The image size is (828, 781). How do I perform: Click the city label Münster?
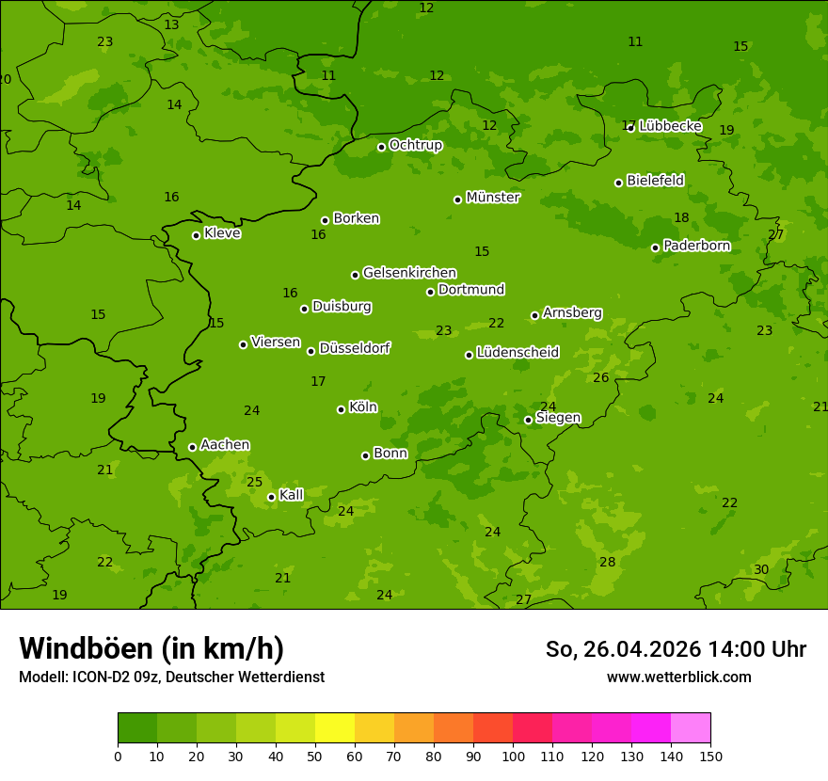(492, 198)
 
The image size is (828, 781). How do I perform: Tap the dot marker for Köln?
(341, 409)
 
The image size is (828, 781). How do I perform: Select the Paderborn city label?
(696, 246)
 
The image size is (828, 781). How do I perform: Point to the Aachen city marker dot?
(192, 447)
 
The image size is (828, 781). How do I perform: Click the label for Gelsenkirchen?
(409, 273)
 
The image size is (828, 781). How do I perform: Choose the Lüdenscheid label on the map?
(517, 353)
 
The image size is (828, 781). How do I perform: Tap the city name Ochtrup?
(415, 145)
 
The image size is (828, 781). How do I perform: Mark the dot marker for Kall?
(271, 497)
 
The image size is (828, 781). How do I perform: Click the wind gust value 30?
(761, 569)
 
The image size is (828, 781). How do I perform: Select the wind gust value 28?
(608, 562)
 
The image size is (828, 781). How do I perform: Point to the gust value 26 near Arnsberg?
(601, 377)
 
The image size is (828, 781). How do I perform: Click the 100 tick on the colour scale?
(513, 756)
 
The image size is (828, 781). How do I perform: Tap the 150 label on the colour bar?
(710, 756)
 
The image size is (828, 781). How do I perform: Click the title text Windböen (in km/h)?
(151, 648)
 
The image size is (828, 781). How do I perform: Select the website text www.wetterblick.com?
(678, 677)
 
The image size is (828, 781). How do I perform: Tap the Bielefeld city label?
(655, 180)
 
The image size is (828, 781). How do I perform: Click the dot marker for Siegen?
(528, 420)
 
